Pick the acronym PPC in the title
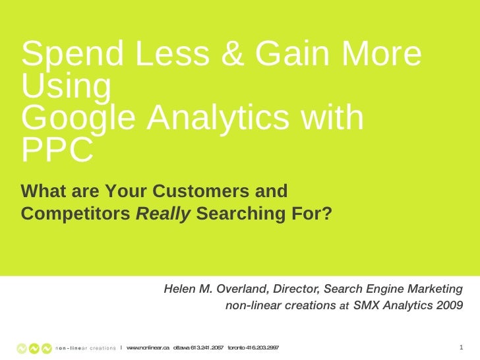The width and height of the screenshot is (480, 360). (x=57, y=151)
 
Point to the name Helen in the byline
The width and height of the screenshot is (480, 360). (x=180, y=289)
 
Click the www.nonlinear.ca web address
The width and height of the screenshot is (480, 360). (x=148, y=347)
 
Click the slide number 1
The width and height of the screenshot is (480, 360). (x=460, y=347)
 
